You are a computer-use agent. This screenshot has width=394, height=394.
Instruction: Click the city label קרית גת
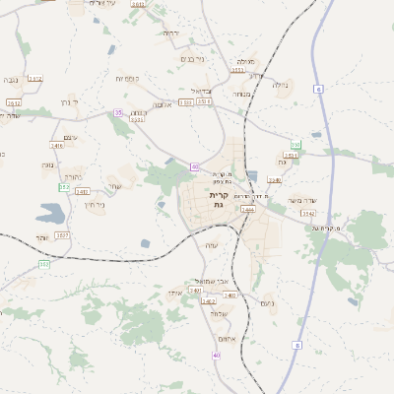click(219, 200)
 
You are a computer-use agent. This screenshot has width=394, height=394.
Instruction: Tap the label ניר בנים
click(193, 58)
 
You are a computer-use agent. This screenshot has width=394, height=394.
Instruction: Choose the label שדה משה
click(300, 201)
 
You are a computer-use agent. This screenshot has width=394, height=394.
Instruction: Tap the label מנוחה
click(240, 94)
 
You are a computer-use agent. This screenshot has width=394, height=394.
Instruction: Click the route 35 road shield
click(118, 113)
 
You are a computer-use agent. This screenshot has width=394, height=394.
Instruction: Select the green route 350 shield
click(295, 145)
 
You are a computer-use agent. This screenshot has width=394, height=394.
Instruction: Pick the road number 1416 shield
click(56, 146)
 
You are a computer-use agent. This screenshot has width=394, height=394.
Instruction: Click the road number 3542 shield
click(308, 213)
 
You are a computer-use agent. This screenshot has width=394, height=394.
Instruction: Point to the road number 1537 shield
click(62, 234)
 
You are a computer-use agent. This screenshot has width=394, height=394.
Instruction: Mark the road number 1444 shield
click(247, 210)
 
